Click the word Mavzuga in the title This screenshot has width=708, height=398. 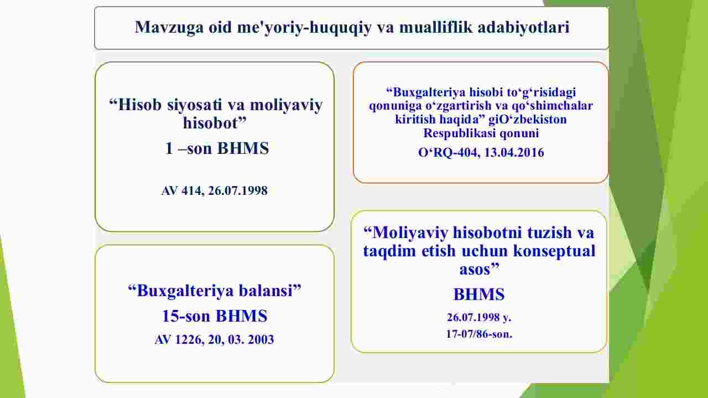click(x=169, y=27)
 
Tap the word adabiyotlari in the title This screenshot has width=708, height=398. click(x=523, y=27)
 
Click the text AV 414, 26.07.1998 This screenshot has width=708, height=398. click(x=214, y=190)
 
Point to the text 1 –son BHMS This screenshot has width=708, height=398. click(x=217, y=148)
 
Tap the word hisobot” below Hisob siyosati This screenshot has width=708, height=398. click(x=215, y=123)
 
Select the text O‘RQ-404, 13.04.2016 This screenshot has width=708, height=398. click(x=481, y=152)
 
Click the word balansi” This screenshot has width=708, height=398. click(x=270, y=290)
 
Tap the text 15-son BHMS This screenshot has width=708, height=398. click(x=215, y=316)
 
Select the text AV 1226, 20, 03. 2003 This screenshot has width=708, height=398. click(x=214, y=339)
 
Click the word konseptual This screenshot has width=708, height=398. click(x=554, y=251)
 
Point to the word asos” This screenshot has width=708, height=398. click(x=479, y=269)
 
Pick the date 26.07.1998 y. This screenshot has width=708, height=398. click(x=479, y=317)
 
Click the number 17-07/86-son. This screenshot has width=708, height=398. click(x=479, y=334)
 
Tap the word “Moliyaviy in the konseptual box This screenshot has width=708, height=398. click(x=406, y=233)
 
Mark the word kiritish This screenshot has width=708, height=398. click(x=410, y=120)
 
